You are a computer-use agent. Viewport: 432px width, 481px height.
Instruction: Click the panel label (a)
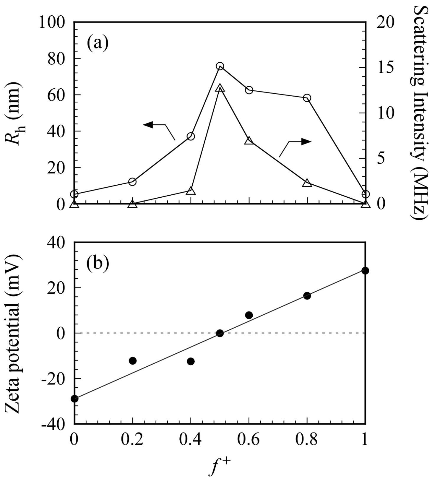click(x=98, y=43)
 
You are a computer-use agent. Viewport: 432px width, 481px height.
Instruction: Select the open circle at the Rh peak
click(x=220, y=66)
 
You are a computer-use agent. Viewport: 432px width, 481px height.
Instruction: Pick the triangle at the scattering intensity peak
click(x=220, y=88)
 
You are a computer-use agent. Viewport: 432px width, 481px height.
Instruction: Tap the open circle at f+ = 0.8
click(x=307, y=98)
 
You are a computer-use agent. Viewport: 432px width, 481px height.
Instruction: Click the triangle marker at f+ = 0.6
click(x=249, y=141)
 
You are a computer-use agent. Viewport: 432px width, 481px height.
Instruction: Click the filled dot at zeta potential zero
click(x=220, y=333)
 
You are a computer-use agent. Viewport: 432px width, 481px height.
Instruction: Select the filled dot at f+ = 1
click(x=365, y=271)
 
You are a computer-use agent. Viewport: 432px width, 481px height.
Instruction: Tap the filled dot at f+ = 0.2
click(x=133, y=360)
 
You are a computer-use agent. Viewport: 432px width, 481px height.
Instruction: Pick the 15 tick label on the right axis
click(x=386, y=68)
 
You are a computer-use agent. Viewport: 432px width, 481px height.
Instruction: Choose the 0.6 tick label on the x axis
click(x=249, y=440)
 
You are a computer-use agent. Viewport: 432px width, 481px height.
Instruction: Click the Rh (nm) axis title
click(x=13, y=114)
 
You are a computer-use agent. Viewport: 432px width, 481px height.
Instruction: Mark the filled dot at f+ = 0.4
click(x=191, y=361)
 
